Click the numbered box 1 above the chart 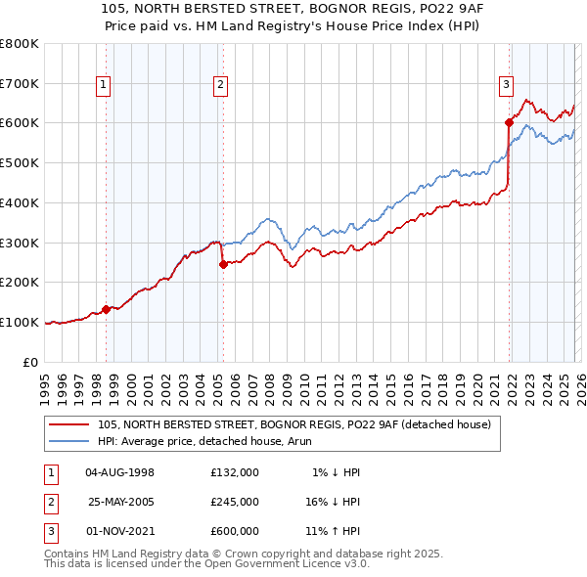pos(104,86)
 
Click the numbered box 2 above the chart pos(221,86)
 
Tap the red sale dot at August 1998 pos(107,309)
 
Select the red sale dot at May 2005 pos(224,263)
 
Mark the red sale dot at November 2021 pos(510,122)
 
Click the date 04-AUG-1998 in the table pos(119,472)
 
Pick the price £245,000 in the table pos(234,501)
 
